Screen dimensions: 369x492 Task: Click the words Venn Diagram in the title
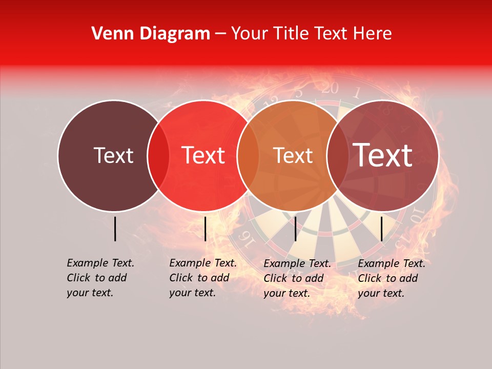[151, 34]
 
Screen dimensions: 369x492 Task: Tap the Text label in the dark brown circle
[113, 155]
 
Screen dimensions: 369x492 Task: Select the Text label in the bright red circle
[203, 155]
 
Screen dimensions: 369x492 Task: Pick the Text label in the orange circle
[294, 155]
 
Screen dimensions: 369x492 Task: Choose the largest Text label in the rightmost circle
[383, 155]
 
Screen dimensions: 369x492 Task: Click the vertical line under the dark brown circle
[115, 229]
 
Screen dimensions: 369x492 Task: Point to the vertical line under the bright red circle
[205, 229]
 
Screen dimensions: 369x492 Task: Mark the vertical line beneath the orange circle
[295, 229]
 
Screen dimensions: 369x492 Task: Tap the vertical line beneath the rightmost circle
[382, 229]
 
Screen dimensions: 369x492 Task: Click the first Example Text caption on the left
[100, 278]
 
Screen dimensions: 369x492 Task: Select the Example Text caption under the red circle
[203, 278]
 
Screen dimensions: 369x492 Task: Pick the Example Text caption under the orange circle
[297, 278]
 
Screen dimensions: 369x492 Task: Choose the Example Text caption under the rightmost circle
[392, 278]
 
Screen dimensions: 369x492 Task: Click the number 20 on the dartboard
[330, 88]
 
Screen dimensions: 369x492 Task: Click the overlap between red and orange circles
[248, 155]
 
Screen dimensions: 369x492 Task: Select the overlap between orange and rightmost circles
[337, 155]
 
